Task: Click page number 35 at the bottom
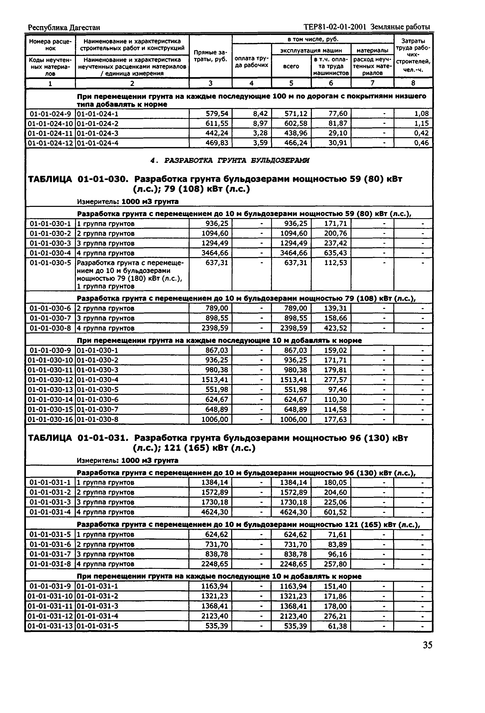pyautogui.click(x=427, y=645)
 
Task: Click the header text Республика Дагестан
pyautogui.click(x=64, y=28)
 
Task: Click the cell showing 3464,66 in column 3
pyautogui.click(x=215, y=253)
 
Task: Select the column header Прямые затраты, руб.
pyautogui.click(x=210, y=56)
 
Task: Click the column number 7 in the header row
pyautogui.click(x=372, y=83)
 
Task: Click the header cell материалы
pyautogui.click(x=372, y=50)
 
